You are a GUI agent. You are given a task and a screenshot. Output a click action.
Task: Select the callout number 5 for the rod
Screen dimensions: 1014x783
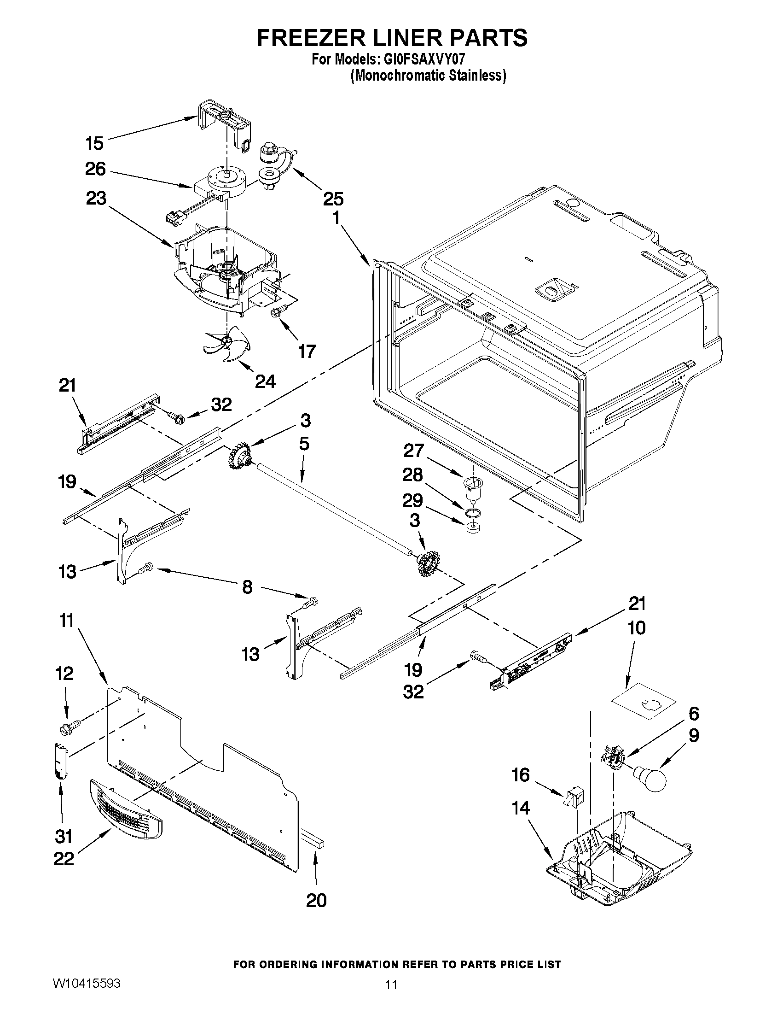click(x=304, y=444)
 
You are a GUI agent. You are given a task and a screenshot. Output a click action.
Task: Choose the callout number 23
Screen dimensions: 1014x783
click(x=96, y=198)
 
